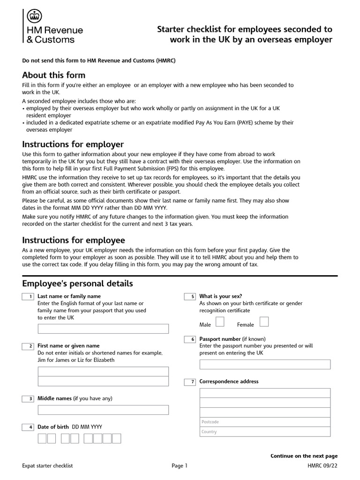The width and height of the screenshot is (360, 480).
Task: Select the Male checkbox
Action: coord(219,322)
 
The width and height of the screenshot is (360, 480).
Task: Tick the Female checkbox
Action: coord(264,322)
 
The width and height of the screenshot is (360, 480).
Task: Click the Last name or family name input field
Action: coord(103,329)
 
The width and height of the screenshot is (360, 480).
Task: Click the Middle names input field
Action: coord(103,410)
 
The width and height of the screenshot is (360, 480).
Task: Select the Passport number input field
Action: coord(265,364)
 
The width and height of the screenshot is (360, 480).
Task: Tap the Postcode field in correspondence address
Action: coord(265,422)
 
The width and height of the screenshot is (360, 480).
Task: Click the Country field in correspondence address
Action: coord(265,432)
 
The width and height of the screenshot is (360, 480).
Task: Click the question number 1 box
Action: coord(28,297)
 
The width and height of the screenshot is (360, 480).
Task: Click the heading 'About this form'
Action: coord(54,75)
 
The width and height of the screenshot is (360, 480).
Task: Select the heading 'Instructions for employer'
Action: coord(73,144)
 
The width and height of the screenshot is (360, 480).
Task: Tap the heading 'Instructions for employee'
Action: coord(74,240)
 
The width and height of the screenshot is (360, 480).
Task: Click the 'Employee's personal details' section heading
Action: coord(78,284)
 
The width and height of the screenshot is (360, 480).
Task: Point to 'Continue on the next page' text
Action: coord(304,456)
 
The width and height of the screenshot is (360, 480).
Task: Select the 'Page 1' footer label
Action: coord(180,466)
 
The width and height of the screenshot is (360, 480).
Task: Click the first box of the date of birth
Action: coord(42,439)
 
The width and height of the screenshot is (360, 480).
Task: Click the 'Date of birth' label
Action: coord(53,427)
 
